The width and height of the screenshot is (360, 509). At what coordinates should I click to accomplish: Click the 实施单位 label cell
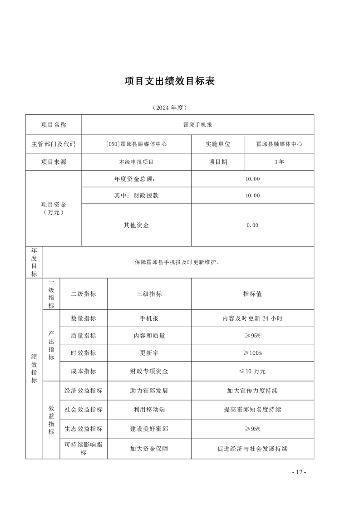coord(218,144)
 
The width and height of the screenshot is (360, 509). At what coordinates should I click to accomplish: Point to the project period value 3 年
coord(279,162)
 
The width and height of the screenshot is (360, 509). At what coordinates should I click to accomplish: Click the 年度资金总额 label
coord(136,179)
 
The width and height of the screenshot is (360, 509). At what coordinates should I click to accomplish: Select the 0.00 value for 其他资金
coord(252,225)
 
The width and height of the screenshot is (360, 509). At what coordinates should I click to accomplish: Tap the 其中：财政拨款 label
coord(136,196)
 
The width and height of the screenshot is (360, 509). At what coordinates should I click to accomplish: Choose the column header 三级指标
coord(149,294)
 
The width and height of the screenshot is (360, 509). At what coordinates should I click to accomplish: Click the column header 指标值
coord(252,294)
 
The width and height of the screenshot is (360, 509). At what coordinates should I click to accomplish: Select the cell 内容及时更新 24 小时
coord(252,318)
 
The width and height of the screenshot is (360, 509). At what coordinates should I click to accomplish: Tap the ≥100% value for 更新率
coord(252,353)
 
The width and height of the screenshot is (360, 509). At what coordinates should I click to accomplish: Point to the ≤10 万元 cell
coord(252,371)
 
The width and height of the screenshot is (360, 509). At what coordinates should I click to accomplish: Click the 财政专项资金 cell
coord(149,371)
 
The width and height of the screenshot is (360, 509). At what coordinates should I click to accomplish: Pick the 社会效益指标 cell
coord(84,410)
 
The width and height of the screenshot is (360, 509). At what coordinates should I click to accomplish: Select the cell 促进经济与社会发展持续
coord(252,449)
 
